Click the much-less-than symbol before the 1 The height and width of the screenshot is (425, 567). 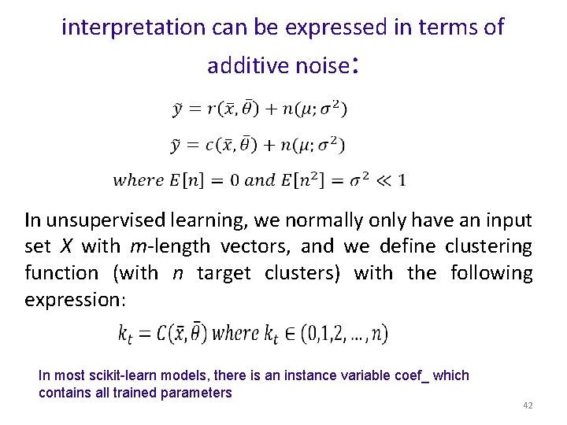(384, 180)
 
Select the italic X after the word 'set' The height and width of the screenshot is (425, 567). (66, 246)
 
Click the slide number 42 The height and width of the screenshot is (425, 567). (528, 405)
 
